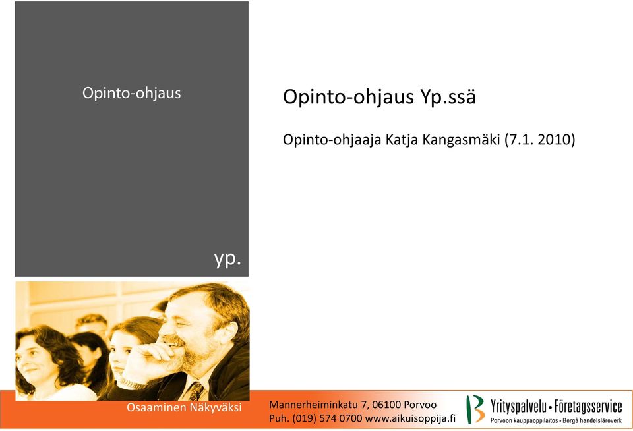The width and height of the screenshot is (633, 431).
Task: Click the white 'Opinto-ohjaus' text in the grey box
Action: [x=132, y=93]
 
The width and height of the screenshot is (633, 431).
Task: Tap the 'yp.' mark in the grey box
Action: [x=227, y=258]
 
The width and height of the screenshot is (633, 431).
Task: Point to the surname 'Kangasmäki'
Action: [x=462, y=140]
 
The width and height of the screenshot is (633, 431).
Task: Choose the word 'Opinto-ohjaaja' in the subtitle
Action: [x=332, y=140]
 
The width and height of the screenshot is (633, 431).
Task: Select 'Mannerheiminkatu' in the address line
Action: [x=314, y=405]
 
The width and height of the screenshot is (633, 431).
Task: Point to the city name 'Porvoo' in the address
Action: [x=420, y=405]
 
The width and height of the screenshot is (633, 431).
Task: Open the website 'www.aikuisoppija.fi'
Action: [x=410, y=418]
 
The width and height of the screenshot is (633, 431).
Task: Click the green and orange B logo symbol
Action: [x=475, y=409]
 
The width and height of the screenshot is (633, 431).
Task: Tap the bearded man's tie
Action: [x=196, y=391]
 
